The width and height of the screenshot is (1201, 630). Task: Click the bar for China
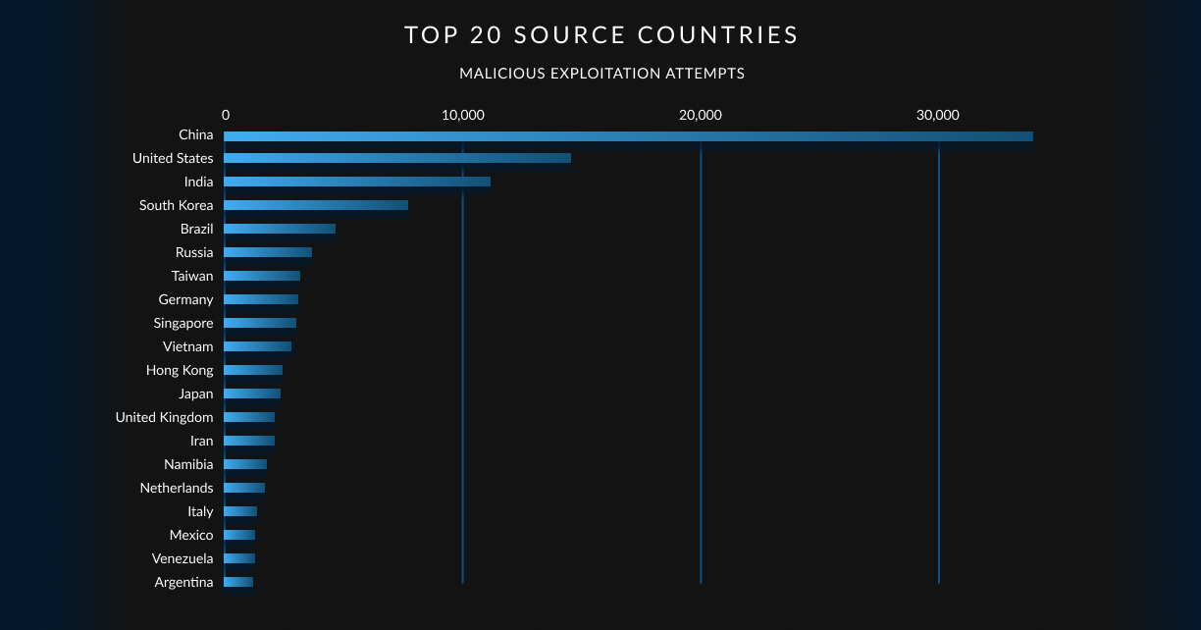pos(628,136)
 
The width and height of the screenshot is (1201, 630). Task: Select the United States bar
pos(397,158)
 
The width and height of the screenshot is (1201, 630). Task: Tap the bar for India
pos(357,182)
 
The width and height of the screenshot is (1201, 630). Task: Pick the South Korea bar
pos(316,205)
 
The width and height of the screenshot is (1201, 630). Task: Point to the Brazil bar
pos(280,229)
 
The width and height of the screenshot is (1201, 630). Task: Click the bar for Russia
pos(268,252)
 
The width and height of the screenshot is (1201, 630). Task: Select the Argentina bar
pos(238,582)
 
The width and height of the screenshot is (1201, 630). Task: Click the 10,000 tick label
pos(463,115)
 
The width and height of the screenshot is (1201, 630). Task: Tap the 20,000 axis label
pos(701,115)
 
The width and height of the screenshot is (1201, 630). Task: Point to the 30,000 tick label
pos(938,115)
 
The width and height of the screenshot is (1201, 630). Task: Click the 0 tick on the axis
pos(226,115)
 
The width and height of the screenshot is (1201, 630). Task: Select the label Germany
pos(185,299)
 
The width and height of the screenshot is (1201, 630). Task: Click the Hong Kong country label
pos(180,370)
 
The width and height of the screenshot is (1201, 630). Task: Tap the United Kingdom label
pos(164,417)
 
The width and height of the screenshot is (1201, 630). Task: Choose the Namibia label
pos(188,464)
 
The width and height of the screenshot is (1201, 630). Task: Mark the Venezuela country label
pos(183,558)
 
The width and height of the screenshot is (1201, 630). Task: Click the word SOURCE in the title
pos(570,35)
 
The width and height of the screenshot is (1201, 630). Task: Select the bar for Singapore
pos(260,323)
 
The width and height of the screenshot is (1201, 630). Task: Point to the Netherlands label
pos(177,488)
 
